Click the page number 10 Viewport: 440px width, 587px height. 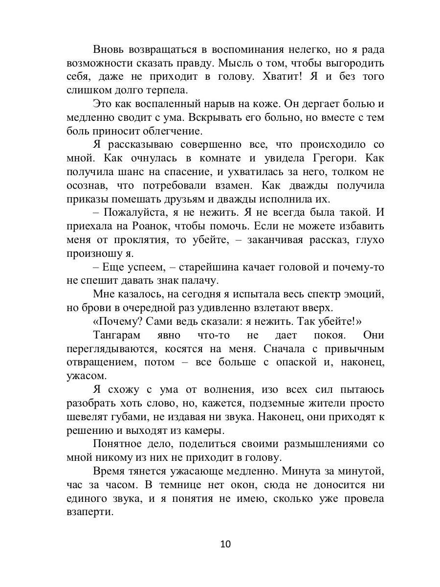point(225,544)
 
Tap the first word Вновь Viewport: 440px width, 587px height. point(108,49)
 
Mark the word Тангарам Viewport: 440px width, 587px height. point(116,335)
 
